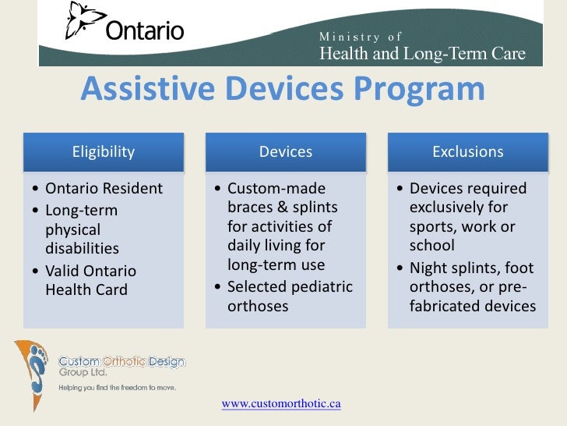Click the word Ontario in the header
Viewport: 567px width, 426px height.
coord(144,31)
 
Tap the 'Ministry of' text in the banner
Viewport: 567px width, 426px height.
coord(361,37)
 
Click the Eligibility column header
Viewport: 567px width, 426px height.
coord(104,151)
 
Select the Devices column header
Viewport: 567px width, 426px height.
coord(286,151)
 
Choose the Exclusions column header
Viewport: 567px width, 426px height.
coord(468,151)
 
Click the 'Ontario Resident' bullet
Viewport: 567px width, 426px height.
coord(104,189)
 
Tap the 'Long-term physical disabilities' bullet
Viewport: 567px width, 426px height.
coord(83,229)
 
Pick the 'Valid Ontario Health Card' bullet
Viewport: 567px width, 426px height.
coord(90,280)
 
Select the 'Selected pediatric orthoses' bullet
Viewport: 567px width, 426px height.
coord(289,296)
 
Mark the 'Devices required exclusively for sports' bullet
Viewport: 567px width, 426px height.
coord(468,218)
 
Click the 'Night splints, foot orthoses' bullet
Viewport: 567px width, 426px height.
coord(472,287)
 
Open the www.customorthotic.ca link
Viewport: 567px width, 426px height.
coord(281,403)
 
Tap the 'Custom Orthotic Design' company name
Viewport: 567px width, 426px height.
coord(122,362)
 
